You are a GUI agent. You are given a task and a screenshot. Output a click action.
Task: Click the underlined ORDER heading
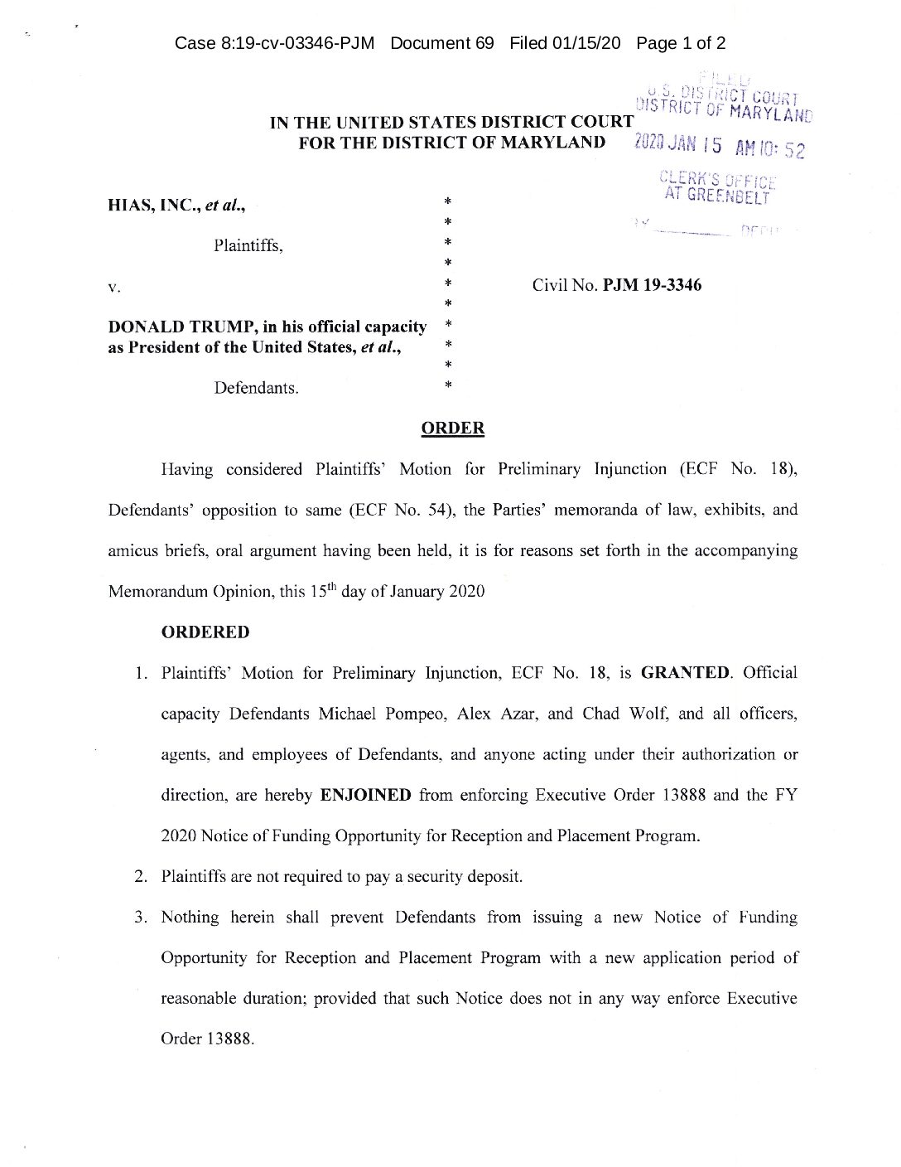(453, 429)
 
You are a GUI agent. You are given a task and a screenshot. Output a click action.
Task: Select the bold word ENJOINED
(365, 795)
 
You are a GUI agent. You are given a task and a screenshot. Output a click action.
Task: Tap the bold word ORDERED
(205, 632)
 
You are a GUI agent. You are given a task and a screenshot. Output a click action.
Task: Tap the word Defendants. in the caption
(257, 387)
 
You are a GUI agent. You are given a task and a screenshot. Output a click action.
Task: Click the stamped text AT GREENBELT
(717, 196)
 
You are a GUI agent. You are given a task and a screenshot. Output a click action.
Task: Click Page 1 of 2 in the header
(681, 43)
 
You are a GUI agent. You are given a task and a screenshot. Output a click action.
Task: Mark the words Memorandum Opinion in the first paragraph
(180, 592)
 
